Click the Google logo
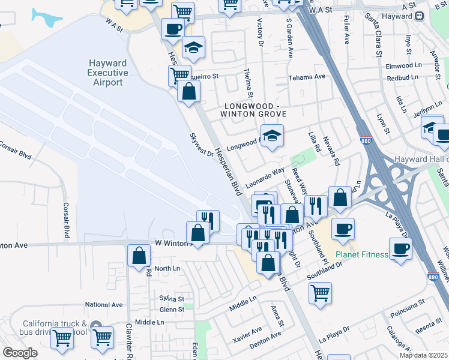tap(20, 353)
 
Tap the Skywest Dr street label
tap(202, 145)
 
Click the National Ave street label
tap(103, 305)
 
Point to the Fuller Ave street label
tap(346, 31)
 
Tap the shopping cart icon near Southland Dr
tap(321, 293)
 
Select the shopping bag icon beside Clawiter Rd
tap(139, 255)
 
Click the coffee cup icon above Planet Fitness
tap(343, 229)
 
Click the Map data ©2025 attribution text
tap(423, 355)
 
